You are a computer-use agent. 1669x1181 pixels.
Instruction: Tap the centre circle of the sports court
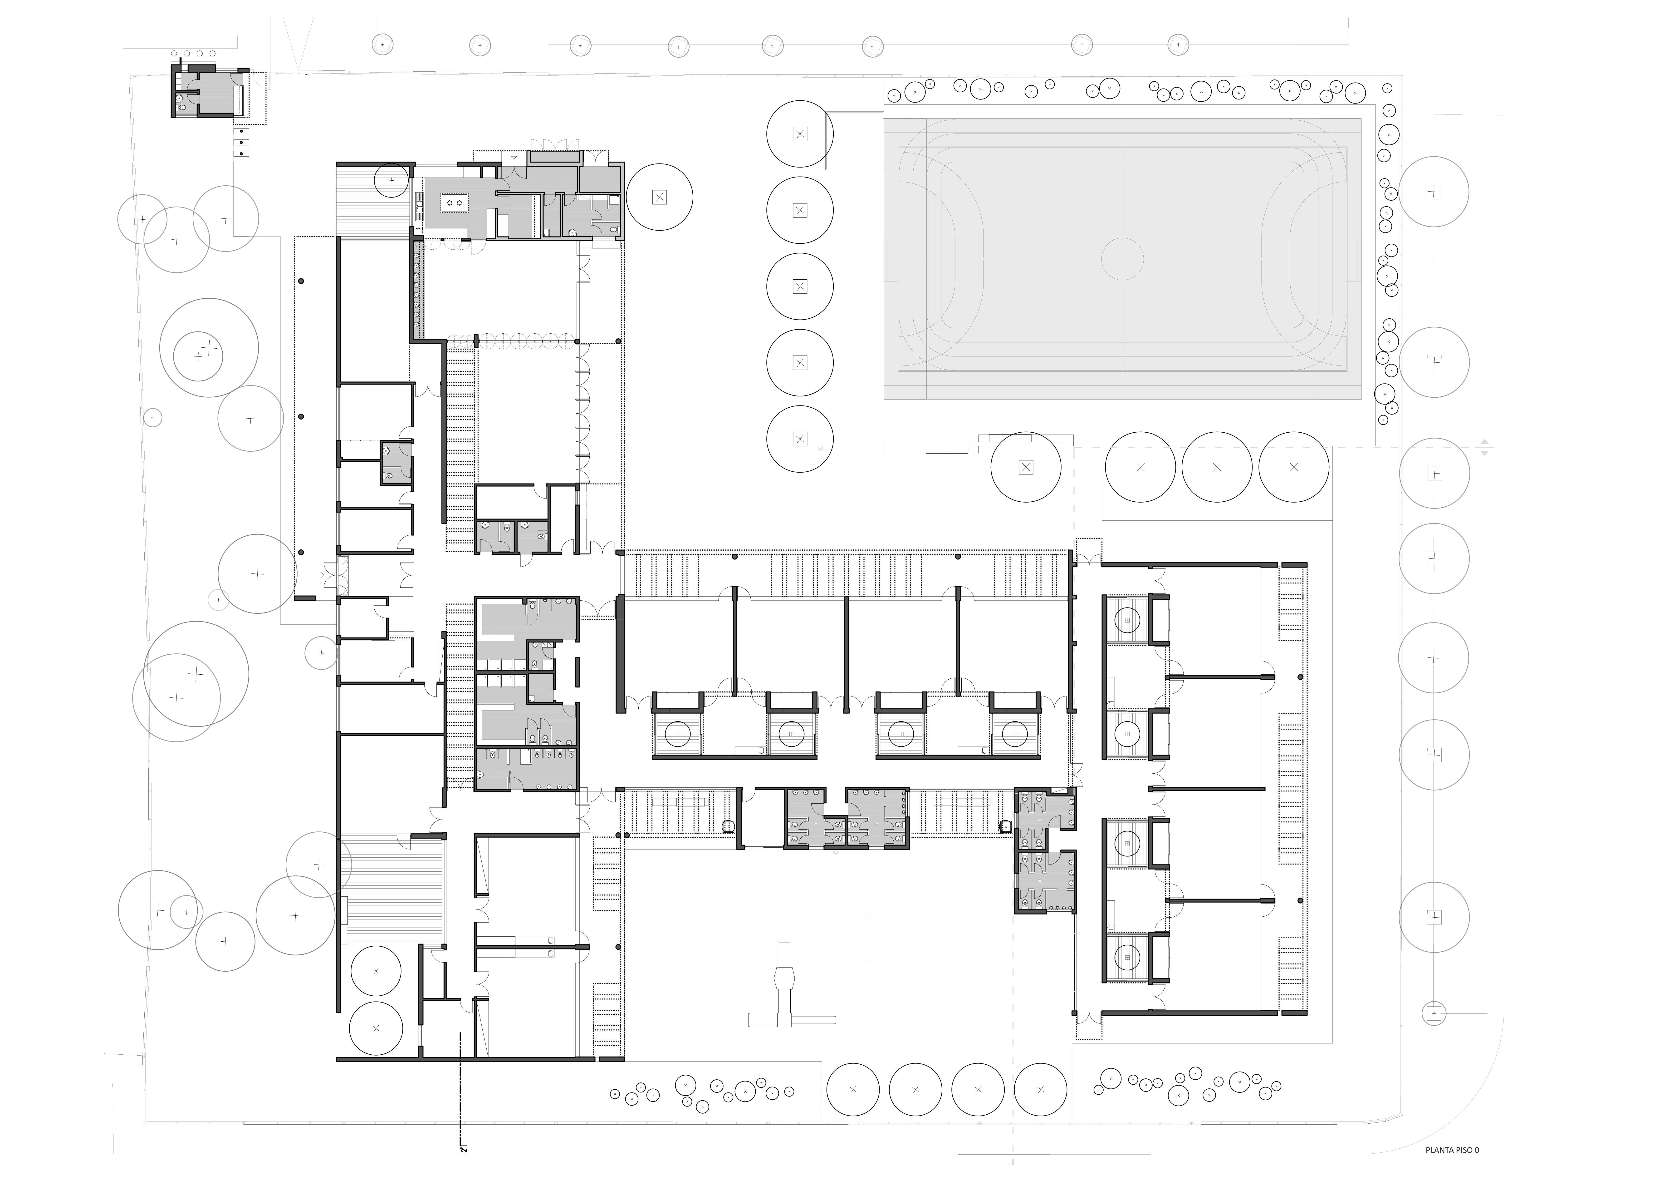pyautogui.click(x=1122, y=259)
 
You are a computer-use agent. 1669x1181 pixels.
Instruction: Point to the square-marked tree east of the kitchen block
pyautogui.click(x=659, y=196)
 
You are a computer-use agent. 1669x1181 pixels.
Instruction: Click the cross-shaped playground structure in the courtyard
pyautogui.click(x=784, y=992)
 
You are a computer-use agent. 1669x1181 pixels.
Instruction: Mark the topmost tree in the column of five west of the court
pyautogui.click(x=800, y=134)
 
